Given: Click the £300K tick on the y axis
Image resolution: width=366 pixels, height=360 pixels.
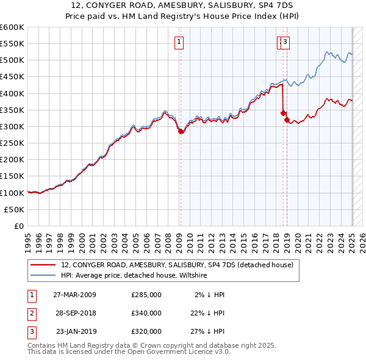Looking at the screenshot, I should tap(12, 126).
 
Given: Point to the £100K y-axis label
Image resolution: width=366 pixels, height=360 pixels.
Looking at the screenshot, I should tap(12, 193).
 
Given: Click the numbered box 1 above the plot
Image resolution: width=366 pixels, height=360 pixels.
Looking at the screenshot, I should tap(179, 42).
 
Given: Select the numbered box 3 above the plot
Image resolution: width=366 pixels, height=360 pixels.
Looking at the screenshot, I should tap(285, 42).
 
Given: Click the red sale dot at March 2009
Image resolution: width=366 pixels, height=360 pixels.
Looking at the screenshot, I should tap(181, 131).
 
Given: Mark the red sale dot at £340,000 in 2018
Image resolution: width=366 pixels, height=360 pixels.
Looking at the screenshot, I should tap(283, 113).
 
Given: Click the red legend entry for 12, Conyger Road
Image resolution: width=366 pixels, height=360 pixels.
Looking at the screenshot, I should tap(177, 265).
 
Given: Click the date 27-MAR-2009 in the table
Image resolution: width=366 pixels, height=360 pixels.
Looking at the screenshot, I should tap(74, 295).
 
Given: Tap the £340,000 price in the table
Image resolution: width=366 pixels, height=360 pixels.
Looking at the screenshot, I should tap(146, 313).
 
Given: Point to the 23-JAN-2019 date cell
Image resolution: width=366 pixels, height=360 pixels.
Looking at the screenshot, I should tap(75, 332).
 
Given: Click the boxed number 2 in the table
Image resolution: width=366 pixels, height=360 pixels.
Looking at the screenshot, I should tap(31, 313).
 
